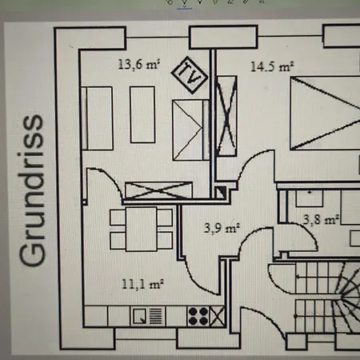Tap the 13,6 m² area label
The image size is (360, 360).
click(138, 65)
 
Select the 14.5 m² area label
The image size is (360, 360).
click(270, 66)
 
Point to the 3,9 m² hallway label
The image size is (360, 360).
click(220, 228)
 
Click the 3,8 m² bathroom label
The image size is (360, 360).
click(319, 218)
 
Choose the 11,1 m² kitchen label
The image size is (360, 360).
click(142, 283)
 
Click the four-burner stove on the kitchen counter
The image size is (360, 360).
click(198, 317)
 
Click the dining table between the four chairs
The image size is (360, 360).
click(142, 228)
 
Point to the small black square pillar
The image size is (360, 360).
click(219, 191)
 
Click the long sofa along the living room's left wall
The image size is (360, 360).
click(100, 118)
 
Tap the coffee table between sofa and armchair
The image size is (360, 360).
click(142, 114)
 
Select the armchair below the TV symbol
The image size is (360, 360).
click(190, 130)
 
